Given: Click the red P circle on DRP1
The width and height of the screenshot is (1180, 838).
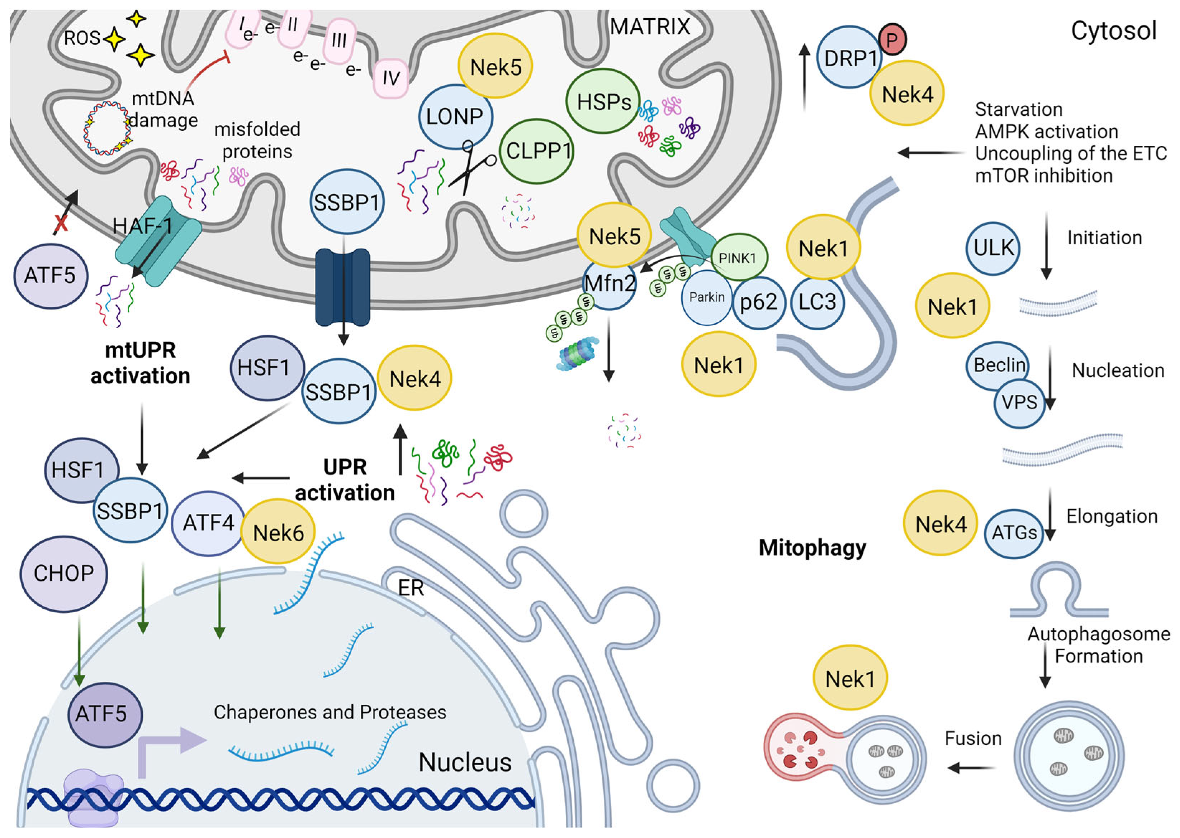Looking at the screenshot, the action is click(892, 40).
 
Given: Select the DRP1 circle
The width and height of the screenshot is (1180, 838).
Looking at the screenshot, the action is click(849, 57).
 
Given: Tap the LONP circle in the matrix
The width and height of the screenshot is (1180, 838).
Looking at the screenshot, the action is click(455, 117).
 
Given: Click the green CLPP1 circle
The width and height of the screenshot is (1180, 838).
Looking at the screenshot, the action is click(537, 151).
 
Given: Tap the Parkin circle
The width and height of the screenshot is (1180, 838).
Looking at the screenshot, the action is click(706, 297).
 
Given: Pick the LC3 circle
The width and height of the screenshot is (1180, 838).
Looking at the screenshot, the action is click(817, 302).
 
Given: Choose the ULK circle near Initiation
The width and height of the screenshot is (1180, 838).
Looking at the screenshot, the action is click(992, 248).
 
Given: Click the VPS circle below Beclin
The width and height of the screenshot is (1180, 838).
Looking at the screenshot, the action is click(1019, 402).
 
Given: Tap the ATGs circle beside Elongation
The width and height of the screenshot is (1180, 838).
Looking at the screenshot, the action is click(1014, 533).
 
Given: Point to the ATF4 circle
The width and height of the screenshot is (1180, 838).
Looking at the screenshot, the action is click(208, 523).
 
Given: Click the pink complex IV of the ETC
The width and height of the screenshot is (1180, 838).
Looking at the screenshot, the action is click(391, 78).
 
